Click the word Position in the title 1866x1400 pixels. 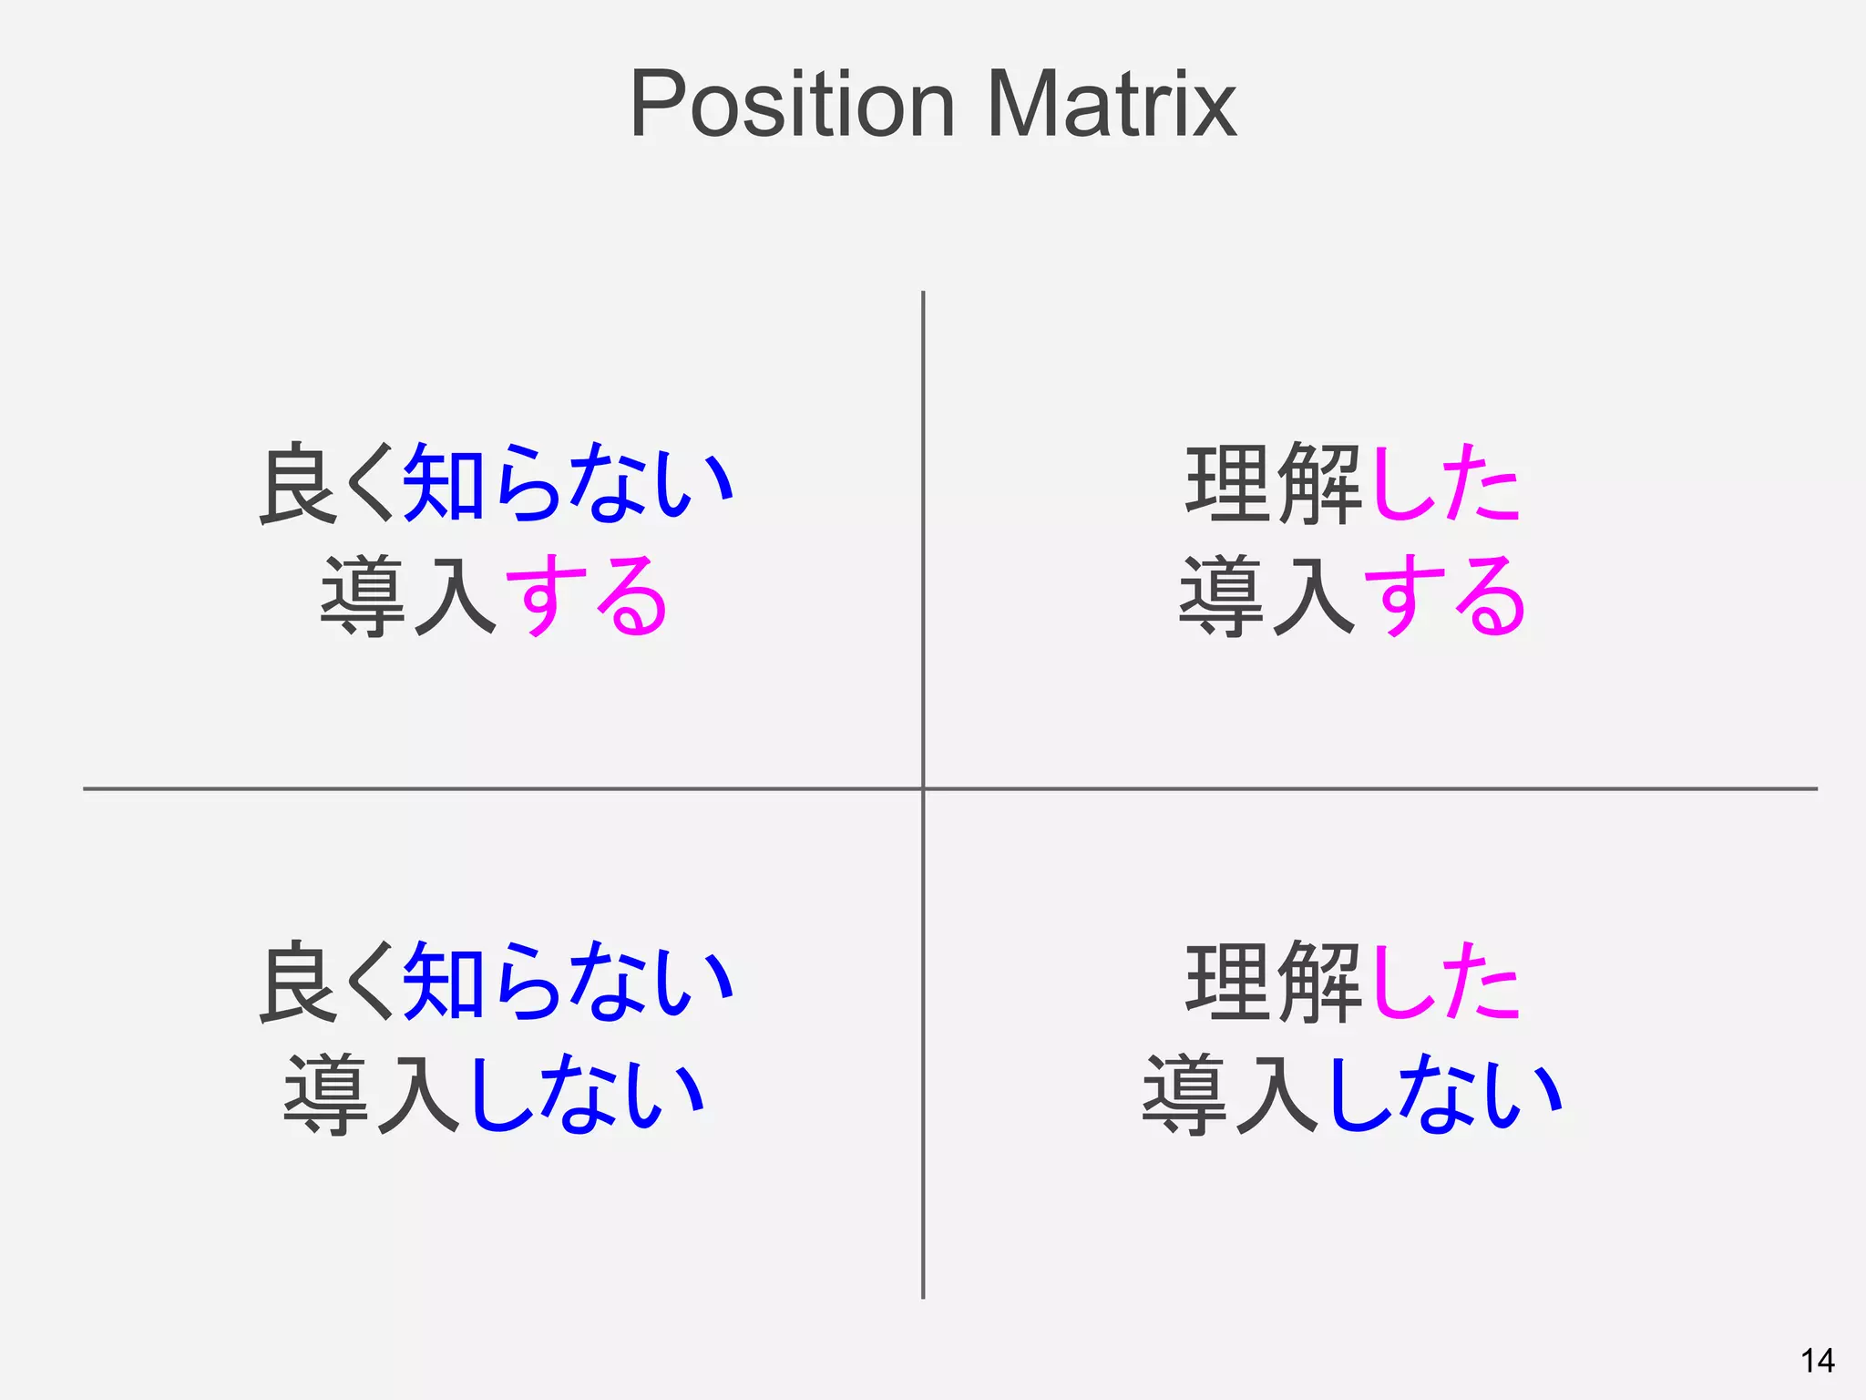[x=791, y=105]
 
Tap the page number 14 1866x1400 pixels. [x=1817, y=1361]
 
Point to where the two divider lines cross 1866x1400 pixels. [x=923, y=788]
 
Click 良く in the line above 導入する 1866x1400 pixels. [x=328, y=484]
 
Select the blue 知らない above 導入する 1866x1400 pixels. [x=568, y=484]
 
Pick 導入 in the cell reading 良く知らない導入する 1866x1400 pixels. [x=408, y=597]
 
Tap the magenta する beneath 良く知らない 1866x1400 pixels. [x=587, y=597]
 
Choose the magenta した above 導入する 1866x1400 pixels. [x=1444, y=484]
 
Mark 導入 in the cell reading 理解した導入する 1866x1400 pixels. [x=1267, y=597]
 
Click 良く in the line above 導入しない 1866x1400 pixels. [x=328, y=983]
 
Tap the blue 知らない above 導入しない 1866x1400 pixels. [x=568, y=983]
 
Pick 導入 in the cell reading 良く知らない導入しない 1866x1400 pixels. [x=372, y=1095]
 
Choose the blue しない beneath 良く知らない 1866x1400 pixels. [x=587, y=1095]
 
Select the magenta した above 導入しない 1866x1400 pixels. [x=1444, y=983]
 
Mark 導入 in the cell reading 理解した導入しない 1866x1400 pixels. [x=1231, y=1095]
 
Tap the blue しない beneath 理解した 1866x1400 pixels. [x=1446, y=1095]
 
